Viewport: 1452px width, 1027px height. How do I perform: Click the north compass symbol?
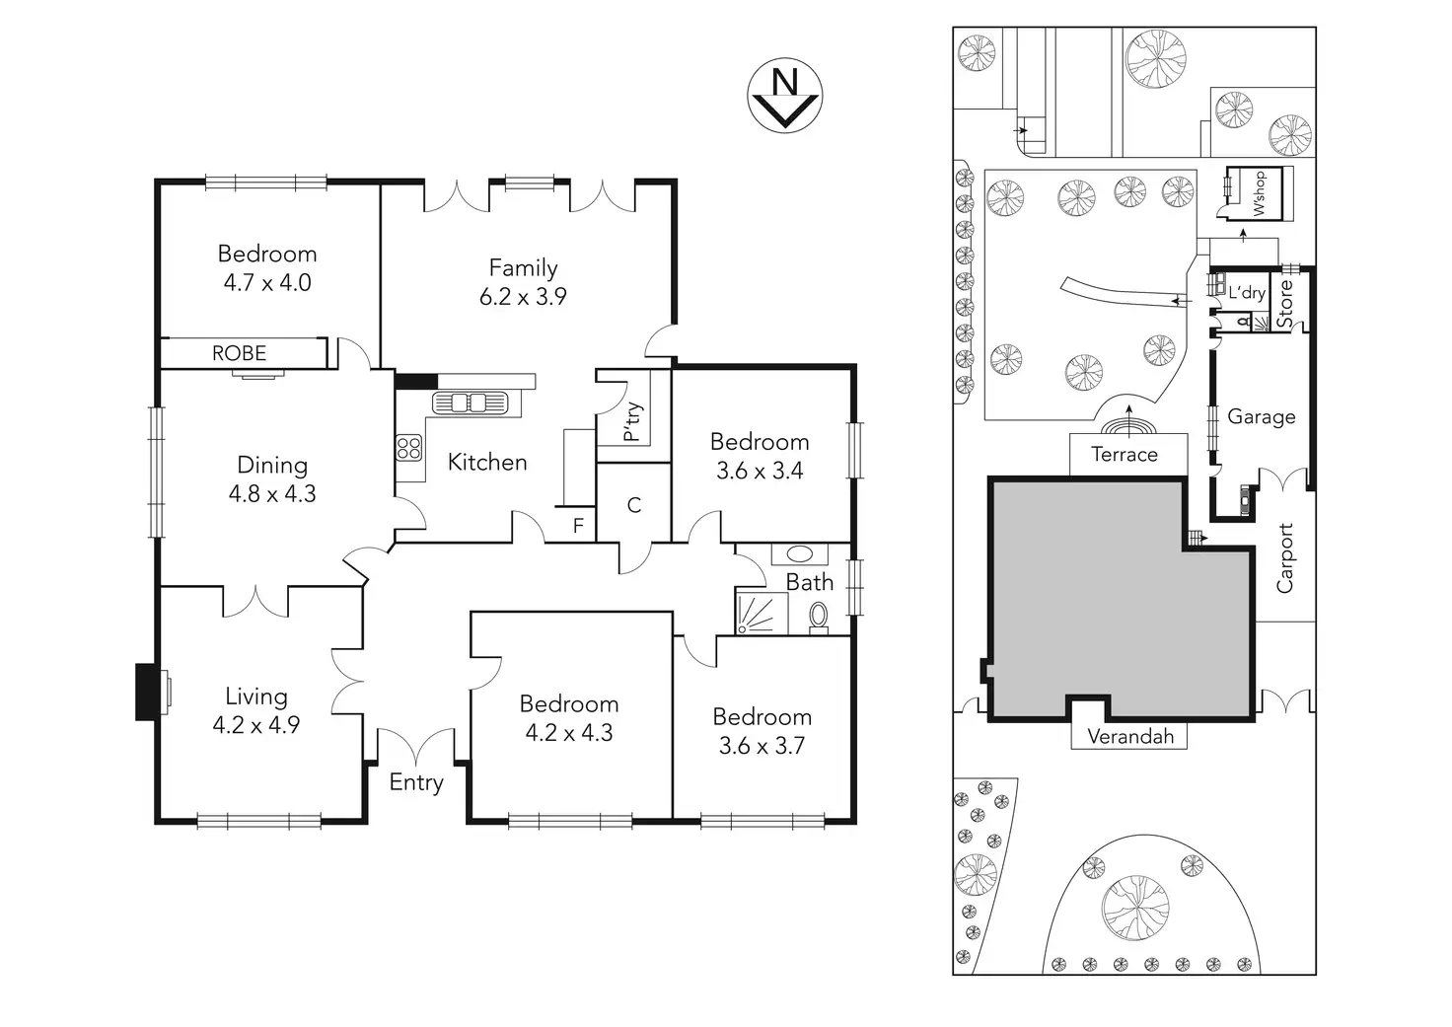point(784,96)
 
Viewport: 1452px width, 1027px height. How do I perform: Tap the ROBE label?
point(239,353)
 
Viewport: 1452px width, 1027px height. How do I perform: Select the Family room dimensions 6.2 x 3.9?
point(523,296)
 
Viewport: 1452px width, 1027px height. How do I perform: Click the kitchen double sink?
point(469,403)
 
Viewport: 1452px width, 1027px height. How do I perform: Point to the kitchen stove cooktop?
point(409,448)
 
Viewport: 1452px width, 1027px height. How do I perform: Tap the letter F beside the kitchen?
point(578,526)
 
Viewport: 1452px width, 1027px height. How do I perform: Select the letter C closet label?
point(634,505)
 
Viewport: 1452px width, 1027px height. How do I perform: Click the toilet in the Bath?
point(819,616)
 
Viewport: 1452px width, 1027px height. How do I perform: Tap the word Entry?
point(416,782)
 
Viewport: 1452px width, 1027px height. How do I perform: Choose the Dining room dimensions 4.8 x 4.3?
point(272,493)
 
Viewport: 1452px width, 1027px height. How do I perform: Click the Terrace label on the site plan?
point(1125,455)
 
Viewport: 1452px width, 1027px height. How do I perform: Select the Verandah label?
point(1130,736)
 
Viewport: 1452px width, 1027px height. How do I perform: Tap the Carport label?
point(1285,557)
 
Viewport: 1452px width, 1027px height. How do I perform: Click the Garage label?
point(1262,416)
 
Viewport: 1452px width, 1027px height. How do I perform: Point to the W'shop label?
point(1260,193)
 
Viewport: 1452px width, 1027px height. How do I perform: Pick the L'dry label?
point(1246,293)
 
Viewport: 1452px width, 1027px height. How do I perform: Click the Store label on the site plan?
point(1285,304)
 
